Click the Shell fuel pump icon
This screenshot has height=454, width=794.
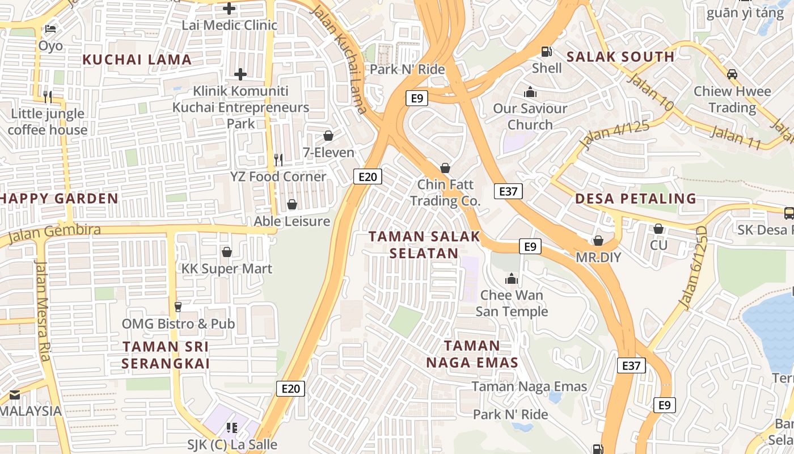click(547, 51)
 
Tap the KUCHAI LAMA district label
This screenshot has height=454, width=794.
click(137, 60)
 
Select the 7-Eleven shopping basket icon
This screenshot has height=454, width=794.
click(328, 136)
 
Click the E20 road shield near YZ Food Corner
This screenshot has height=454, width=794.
click(368, 176)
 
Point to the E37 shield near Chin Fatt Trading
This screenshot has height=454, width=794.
click(508, 191)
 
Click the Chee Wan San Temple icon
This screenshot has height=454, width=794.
click(512, 279)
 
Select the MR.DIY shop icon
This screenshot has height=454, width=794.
click(598, 241)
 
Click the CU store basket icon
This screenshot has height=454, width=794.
click(658, 229)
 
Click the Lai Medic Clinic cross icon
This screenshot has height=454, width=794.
click(229, 9)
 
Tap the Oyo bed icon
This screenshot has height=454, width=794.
click(50, 28)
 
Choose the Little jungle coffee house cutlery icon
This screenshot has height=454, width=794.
click(48, 96)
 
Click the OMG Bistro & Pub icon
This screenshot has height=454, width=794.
click(178, 306)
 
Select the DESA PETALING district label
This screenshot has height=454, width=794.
click(635, 199)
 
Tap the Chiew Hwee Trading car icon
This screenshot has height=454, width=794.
click(732, 74)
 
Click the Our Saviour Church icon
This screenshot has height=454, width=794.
click(530, 92)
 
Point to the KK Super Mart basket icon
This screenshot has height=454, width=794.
click(227, 251)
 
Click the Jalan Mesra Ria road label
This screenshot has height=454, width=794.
click(44, 310)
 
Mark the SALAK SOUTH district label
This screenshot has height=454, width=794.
click(620, 57)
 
